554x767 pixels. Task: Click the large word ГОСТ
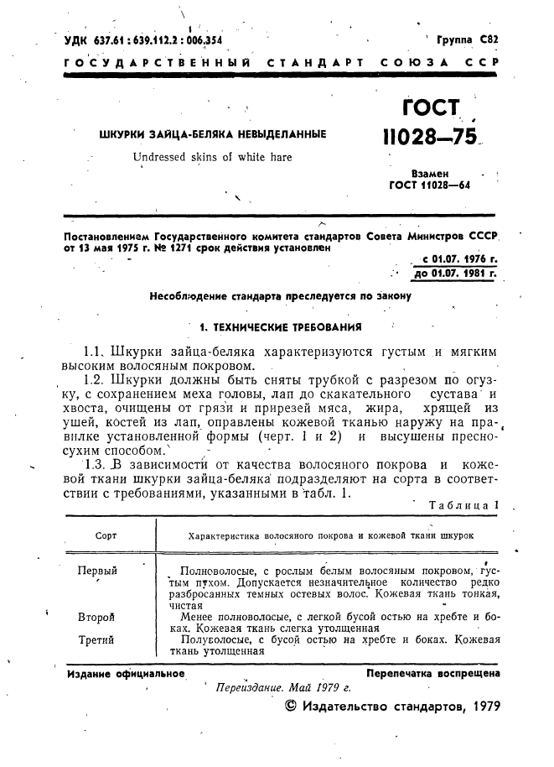[432, 108]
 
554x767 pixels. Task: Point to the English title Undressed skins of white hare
[199, 157]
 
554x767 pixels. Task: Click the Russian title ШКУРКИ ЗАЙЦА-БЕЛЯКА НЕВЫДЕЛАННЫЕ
[213, 134]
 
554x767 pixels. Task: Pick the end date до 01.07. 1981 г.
[456, 274]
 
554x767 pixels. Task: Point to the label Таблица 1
[463, 505]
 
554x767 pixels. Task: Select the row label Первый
[97, 571]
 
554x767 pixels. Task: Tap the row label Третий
[96, 640]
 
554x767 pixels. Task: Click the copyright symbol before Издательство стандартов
[291, 706]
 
